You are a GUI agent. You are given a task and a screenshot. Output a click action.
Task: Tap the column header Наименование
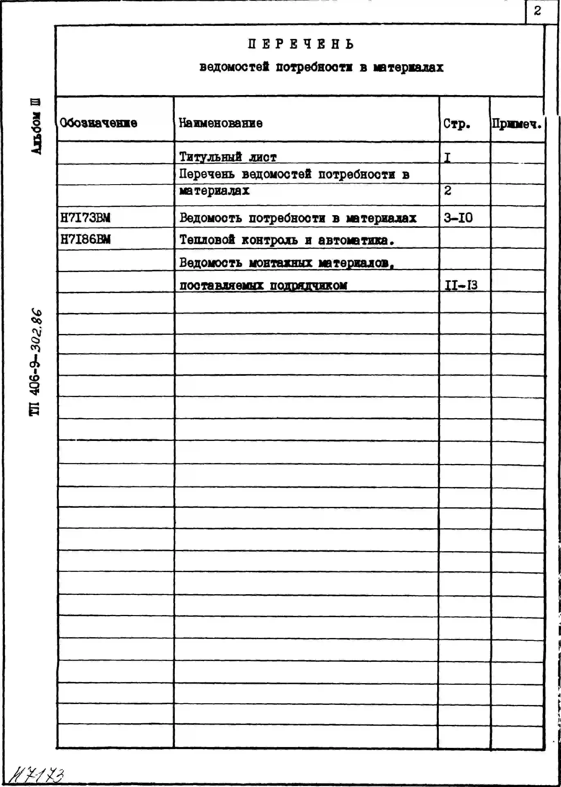coord(220,123)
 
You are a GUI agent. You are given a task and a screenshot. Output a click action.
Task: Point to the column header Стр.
coord(457,124)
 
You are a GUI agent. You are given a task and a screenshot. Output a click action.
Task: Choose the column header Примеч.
coord(516,124)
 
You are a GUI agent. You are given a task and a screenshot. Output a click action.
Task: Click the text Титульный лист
coord(228,157)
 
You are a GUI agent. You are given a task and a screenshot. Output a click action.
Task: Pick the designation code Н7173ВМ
coord(85,218)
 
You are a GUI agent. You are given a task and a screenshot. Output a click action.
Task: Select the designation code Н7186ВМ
coord(85,239)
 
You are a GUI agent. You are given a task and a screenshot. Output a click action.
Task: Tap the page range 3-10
coord(458,218)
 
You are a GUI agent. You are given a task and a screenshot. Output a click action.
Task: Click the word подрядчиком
coord(308,286)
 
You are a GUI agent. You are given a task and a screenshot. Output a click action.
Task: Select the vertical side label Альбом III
coord(36,126)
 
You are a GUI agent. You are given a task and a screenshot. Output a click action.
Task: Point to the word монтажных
coord(280,263)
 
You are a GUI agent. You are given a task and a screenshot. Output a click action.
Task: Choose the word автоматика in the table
coord(356,240)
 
